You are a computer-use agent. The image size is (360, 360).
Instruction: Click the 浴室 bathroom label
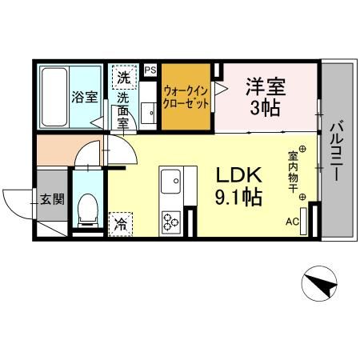[85, 98]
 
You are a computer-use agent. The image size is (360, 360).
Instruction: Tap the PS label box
[150, 70]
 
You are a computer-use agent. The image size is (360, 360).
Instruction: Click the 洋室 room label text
[266, 86]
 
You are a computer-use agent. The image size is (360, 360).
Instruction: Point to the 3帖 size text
[265, 108]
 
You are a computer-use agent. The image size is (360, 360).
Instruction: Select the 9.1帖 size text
[234, 198]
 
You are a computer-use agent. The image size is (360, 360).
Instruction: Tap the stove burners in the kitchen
[171, 219]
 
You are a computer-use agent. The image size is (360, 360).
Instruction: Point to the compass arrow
[319, 283]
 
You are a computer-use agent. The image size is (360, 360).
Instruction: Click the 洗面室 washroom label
[124, 110]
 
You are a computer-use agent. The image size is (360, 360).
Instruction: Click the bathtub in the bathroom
[54, 96]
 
